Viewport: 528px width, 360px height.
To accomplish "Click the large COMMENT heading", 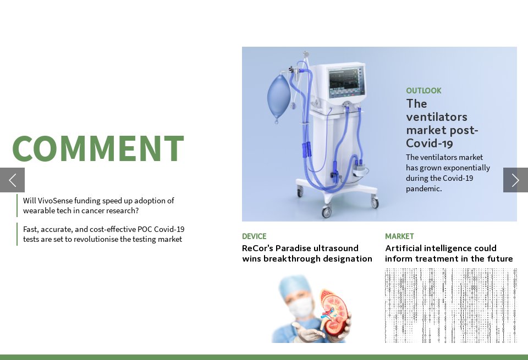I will [x=98, y=149].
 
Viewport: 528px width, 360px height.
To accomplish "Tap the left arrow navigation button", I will [x=12, y=180].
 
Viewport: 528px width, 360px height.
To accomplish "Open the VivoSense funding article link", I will [x=98, y=206].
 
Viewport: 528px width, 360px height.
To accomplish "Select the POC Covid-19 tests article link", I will [x=103, y=234].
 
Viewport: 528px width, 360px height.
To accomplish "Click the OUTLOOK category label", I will [x=424, y=91].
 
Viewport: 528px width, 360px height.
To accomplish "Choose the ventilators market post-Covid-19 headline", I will [x=442, y=124].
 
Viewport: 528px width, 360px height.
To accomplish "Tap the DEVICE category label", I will [x=254, y=236].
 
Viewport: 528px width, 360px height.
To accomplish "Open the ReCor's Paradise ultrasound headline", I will [x=307, y=253].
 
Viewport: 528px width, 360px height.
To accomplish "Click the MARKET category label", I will [x=399, y=236].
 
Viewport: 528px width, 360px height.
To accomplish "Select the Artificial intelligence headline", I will [x=449, y=253].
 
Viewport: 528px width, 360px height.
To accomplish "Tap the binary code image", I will [x=450, y=306].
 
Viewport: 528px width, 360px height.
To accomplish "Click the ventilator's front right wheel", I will [x=375, y=202].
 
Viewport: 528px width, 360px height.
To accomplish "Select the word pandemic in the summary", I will [x=423, y=189].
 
